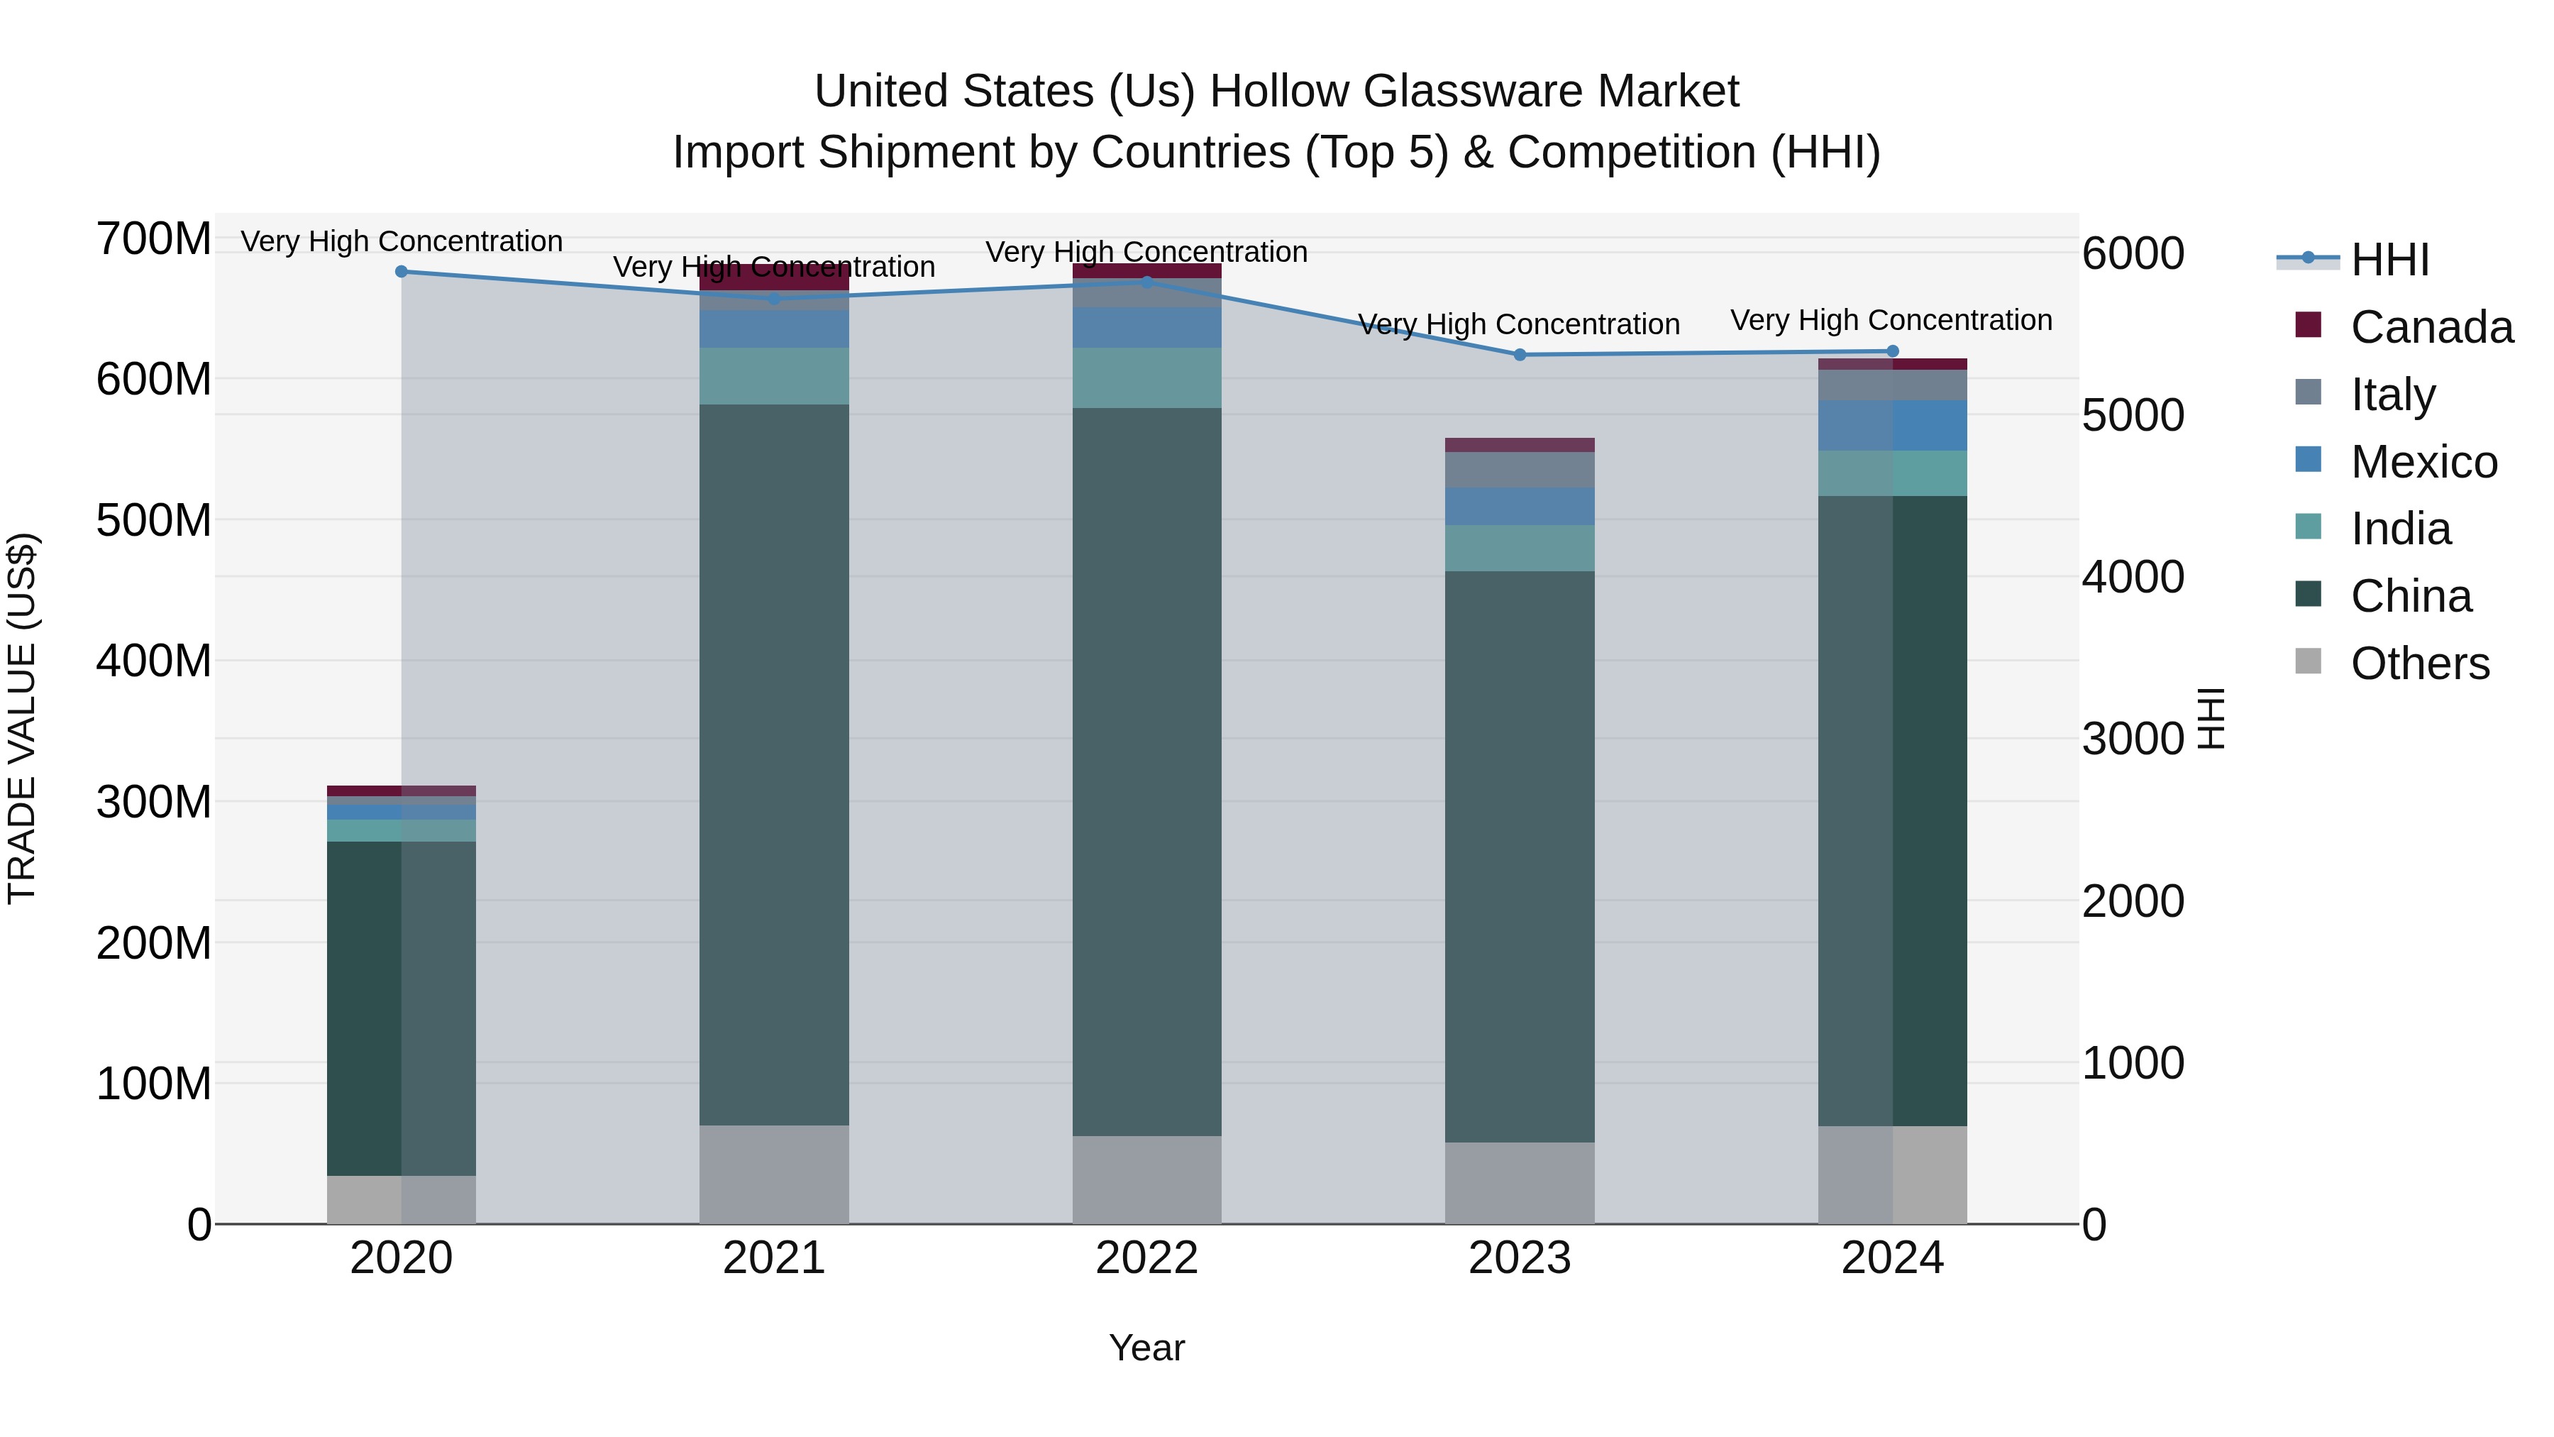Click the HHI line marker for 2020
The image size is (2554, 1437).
point(402,272)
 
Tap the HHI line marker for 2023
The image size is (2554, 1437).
point(1520,354)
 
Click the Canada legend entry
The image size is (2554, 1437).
point(2430,327)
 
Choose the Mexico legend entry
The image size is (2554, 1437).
point(2423,462)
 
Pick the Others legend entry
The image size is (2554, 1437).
point(2419,664)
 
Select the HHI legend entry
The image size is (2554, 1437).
point(2389,260)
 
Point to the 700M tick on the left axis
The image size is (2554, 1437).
point(154,239)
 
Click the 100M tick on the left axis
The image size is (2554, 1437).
point(154,1084)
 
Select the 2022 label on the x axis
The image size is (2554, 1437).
point(1147,1258)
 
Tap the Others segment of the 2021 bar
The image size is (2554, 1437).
point(774,1174)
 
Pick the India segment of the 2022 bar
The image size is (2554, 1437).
point(1147,378)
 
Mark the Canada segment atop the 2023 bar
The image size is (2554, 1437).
point(1520,445)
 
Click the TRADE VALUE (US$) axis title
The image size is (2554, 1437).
point(22,718)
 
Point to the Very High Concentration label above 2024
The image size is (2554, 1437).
point(1891,320)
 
